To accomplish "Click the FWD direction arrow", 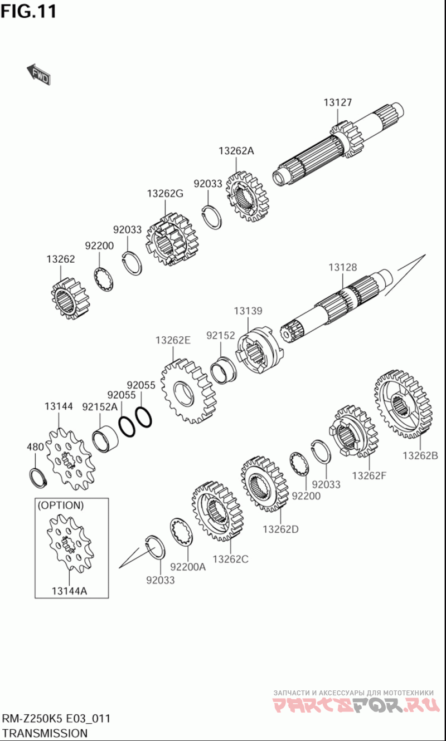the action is [x=39, y=75].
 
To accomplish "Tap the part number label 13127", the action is [x=338, y=102].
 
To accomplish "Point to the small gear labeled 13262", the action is [x=70, y=298].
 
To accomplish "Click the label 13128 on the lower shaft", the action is [x=343, y=267].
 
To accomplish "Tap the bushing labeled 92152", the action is [x=224, y=370].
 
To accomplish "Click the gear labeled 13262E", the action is [x=188, y=391].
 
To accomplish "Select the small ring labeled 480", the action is [x=38, y=477].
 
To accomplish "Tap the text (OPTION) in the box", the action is [x=61, y=505].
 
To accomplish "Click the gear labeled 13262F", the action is [x=354, y=431].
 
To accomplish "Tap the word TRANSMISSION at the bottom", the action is [x=45, y=733].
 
